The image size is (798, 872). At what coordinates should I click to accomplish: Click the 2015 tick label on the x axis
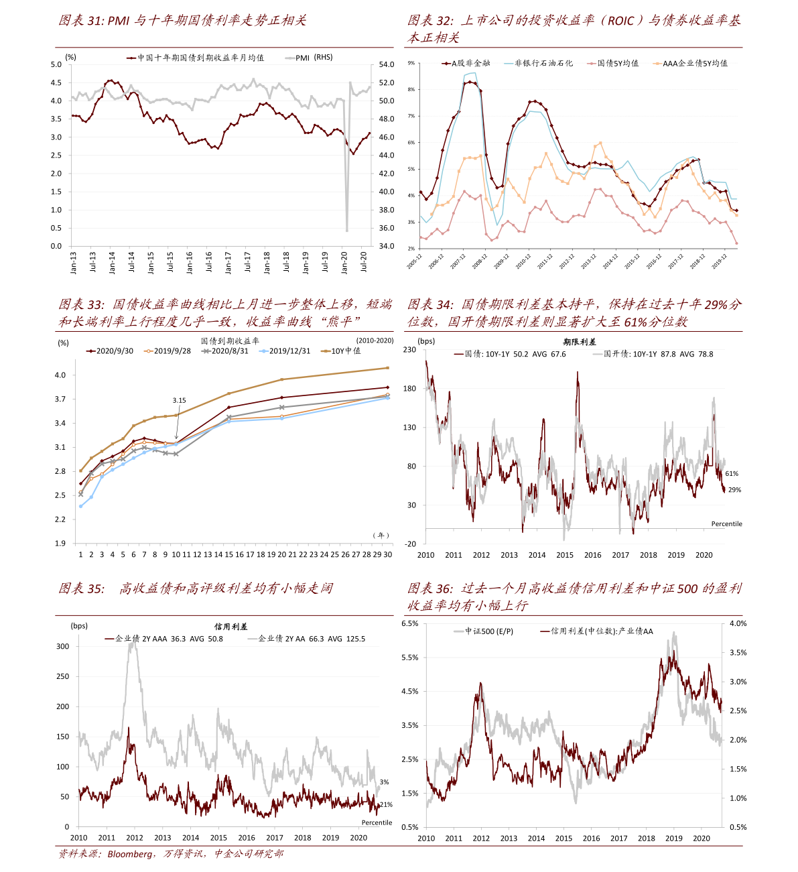coord(563,838)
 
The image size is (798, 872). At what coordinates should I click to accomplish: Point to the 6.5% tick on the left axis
coord(409,623)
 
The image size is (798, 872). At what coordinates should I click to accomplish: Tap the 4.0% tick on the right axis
coord(738,623)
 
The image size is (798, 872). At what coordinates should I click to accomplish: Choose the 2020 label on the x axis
coord(701,838)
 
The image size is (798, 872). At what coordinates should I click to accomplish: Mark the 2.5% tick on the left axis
coord(409,759)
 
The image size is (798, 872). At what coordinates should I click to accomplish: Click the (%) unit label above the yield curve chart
coord(63,343)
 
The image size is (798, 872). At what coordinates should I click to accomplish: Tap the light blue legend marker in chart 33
coord(264,351)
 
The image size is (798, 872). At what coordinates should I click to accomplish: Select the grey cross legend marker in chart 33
coord(206,351)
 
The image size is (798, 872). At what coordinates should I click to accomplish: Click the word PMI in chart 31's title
coord(118,21)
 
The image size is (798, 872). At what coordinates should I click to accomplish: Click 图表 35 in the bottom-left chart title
coord(81,589)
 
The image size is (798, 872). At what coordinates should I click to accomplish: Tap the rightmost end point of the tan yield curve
coord(387,367)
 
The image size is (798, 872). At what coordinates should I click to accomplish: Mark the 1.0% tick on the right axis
coord(738,798)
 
